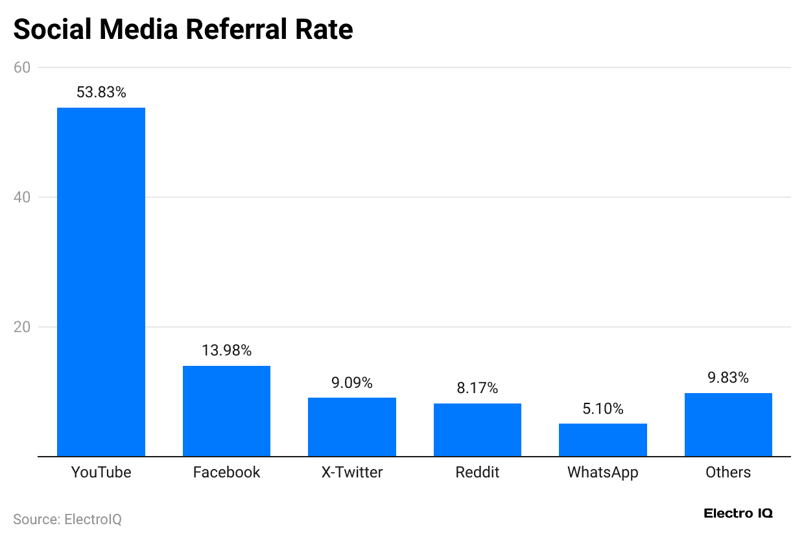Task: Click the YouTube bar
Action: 101,282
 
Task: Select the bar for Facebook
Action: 226,411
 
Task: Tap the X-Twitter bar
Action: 352,427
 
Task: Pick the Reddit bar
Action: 477,429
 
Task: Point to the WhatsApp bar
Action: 603,440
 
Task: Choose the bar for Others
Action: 728,424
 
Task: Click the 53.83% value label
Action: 101,92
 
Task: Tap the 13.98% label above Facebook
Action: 226,350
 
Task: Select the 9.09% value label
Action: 352,383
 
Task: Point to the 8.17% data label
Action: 477,388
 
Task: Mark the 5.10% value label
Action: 603,409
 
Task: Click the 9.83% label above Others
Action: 728,378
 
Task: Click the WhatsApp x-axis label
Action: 603,472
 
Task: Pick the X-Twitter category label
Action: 352,472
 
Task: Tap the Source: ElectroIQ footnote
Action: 67,519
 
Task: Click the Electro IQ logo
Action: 738,513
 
